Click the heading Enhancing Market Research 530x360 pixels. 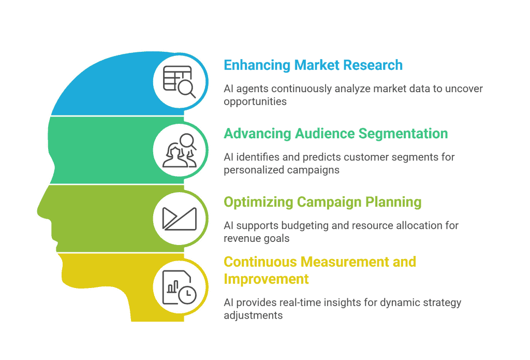[313, 65]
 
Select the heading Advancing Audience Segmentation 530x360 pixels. [335, 134]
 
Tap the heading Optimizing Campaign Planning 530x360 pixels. [322, 202]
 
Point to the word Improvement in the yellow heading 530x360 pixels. [266, 279]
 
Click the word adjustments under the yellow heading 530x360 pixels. [253, 315]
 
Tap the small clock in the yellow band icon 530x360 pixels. [187, 294]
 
